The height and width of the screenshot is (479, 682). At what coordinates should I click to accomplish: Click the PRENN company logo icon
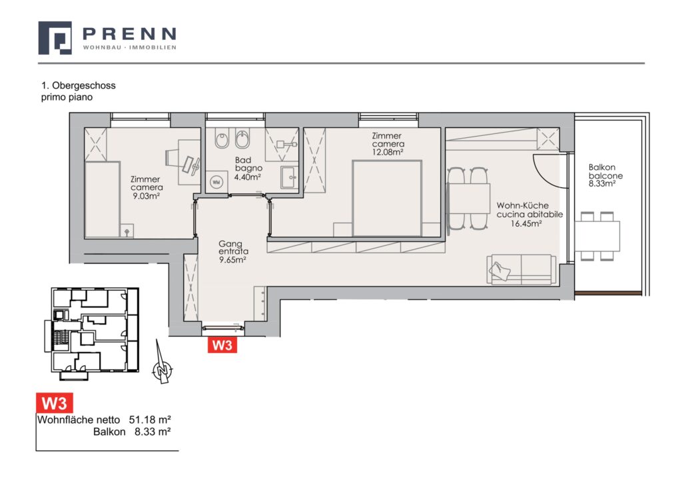tap(55, 38)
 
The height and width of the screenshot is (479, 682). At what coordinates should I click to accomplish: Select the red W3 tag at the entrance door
tap(222, 345)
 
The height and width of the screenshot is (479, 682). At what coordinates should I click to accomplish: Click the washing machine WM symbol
tap(216, 183)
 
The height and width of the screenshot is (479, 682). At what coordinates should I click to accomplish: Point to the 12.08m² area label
tap(388, 153)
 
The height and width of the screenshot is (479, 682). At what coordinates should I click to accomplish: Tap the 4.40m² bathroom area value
tap(248, 177)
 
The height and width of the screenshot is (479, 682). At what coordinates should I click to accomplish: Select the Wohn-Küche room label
tap(522, 205)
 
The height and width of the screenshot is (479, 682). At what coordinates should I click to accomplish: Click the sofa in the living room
tap(521, 270)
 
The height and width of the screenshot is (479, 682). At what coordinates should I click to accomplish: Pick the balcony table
tap(597, 237)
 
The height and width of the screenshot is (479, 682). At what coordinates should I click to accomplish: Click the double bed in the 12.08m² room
tap(387, 199)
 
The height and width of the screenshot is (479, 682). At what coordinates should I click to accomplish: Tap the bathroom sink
tap(289, 177)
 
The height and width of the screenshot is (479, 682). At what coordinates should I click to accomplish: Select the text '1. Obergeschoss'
tap(79, 85)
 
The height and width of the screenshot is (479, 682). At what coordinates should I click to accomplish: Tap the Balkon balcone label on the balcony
tap(605, 171)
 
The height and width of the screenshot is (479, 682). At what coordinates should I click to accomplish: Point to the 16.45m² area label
tap(526, 224)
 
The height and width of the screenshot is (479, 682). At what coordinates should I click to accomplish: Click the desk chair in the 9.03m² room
tap(172, 157)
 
